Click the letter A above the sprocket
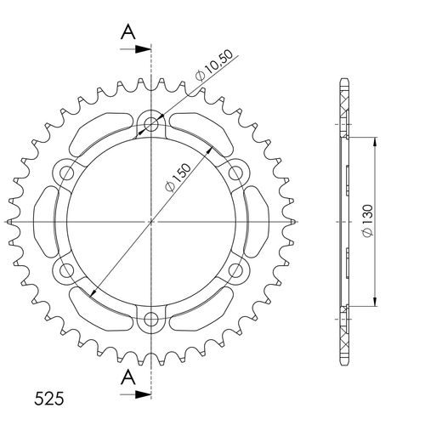click(127, 31)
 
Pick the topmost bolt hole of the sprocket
click(152, 124)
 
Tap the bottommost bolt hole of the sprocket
click(152, 320)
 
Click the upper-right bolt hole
click(237, 173)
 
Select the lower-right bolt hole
click(237, 271)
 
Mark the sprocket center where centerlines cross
click(152, 222)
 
